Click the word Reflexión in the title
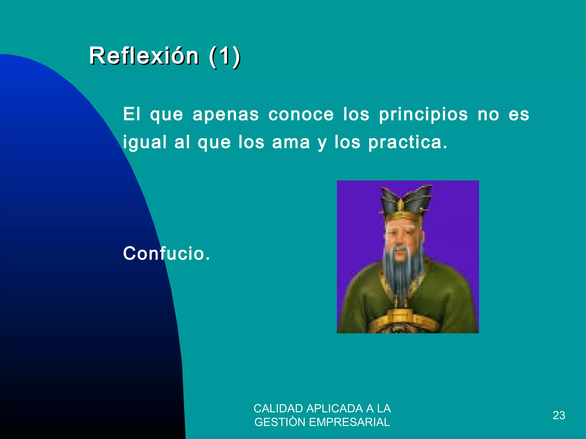[144, 56]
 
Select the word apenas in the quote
[225, 115]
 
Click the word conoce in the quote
[301, 114]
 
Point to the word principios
[423, 115]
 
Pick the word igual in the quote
[145, 142]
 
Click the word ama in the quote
[291, 142]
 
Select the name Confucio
[166, 254]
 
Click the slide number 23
[559, 415]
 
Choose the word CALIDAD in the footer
[278, 409]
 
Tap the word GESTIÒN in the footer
[280, 422]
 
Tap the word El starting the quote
[132, 114]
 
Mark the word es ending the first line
[518, 114]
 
